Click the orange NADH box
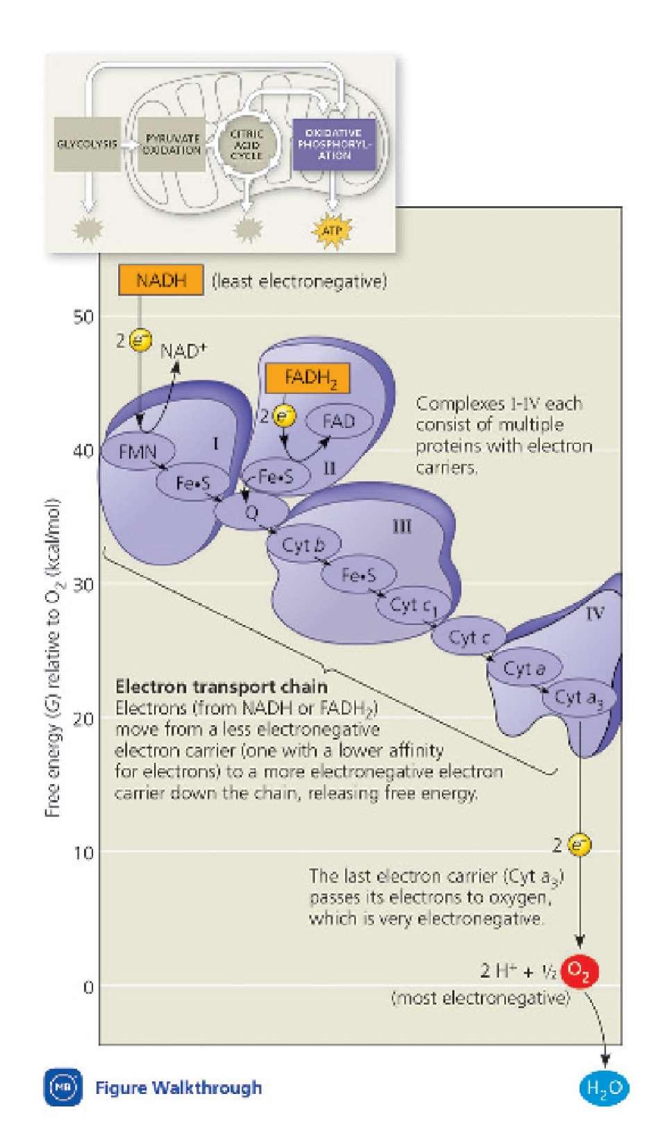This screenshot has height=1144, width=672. pyautogui.click(x=161, y=281)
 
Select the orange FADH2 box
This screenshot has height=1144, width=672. pyautogui.click(x=306, y=379)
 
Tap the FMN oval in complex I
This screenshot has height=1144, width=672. pyautogui.click(x=137, y=452)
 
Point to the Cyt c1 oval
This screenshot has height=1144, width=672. pyautogui.click(x=412, y=606)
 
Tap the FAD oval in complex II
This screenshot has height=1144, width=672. pyautogui.click(x=339, y=421)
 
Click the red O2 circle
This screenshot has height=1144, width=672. pyautogui.click(x=579, y=970)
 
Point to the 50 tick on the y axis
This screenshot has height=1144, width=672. pyautogui.click(x=83, y=317)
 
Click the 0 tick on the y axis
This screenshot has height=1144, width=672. pyautogui.click(x=87, y=987)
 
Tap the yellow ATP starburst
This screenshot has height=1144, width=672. pyautogui.click(x=333, y=229)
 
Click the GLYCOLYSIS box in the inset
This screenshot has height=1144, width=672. pyautogui.click(x=87, y=144)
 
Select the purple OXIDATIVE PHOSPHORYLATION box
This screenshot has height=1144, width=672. pyautogui.click(x=333, y=144)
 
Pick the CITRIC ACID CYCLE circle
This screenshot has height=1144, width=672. pyautogui.click(x=246, y=144)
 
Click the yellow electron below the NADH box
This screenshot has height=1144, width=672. pyautogui.click(x=142, y=342)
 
